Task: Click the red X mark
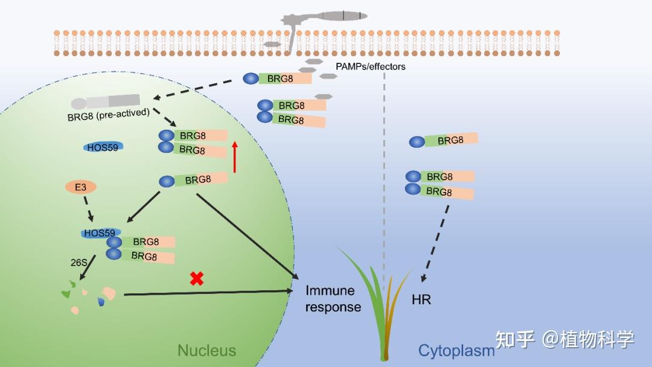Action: [197, 278]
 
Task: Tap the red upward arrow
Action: [235, 157]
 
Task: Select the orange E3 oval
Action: [81, 187]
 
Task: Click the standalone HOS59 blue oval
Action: [103, 147]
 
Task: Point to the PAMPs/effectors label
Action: [371, 66]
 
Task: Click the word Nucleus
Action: [206, 350]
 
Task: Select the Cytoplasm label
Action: [456, 351]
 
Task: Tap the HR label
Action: [421, 299]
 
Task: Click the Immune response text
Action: [333, 298]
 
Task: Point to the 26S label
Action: [78, 263]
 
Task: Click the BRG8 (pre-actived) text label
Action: [108, 115]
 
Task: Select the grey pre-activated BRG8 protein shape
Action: [105, 101]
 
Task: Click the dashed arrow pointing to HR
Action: [435, 243]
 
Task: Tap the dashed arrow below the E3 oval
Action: [88, 209]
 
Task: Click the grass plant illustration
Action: [376, 304]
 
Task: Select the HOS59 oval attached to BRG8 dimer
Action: [101, 233]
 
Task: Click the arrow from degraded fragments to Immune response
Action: [208, 293]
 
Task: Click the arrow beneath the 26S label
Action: [88, 267]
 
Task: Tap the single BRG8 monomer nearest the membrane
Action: [277, 78]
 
